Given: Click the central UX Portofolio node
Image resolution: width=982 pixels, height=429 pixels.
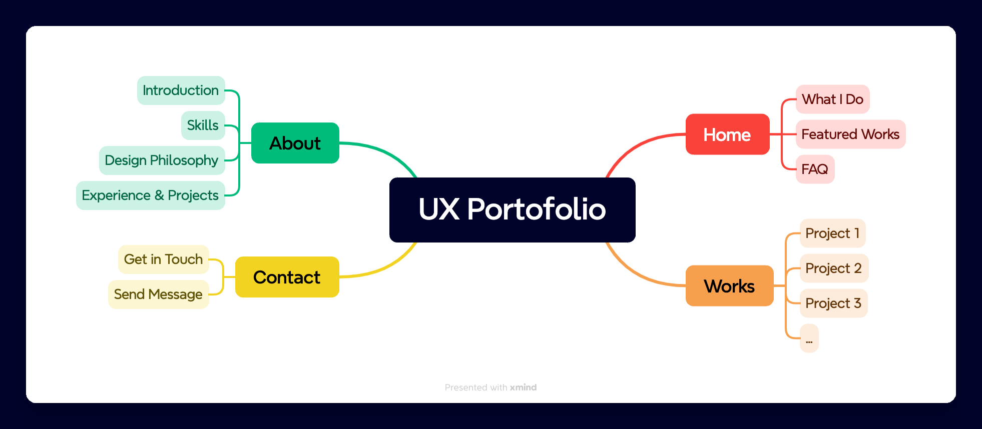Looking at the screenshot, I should pos(512,209).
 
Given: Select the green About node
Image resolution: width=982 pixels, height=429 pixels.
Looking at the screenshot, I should pos(295,143).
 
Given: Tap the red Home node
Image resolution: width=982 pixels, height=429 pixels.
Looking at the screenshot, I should pos(727,134).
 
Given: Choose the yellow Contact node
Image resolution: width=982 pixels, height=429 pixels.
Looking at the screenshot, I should pos(287,277).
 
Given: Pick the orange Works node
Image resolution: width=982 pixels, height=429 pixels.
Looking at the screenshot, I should pos(729,286).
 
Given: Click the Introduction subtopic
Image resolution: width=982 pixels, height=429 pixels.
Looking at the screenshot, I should pos(181,90).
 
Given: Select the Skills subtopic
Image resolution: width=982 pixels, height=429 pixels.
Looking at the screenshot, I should pos(203,125).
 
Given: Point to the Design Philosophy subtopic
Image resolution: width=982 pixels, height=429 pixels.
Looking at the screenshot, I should pos(162,160).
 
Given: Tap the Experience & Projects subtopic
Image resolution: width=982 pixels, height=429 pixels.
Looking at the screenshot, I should pos(150,195).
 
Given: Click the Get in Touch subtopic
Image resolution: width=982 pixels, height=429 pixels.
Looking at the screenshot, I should pos(163,259).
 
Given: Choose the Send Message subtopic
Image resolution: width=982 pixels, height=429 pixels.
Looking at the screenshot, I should pos(158,294).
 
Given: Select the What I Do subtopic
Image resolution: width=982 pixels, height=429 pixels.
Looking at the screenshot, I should pos(832,99).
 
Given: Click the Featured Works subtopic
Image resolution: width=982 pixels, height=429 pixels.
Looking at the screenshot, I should pos(850,134).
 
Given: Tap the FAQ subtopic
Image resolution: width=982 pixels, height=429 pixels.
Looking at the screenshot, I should pos(815,169).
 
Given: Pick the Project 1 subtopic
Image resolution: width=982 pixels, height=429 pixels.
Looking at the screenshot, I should pos(832,233).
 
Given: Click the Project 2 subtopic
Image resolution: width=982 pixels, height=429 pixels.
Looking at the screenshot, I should pos(833,268).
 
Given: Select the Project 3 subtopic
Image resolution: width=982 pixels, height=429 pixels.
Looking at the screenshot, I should pos(833,303).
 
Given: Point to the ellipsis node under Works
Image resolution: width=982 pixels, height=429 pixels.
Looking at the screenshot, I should pos(809,338).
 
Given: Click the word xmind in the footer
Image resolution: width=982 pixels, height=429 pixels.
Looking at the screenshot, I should pos(523,387).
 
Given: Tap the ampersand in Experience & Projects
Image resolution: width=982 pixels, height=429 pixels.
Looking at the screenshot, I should pos(159,195).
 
